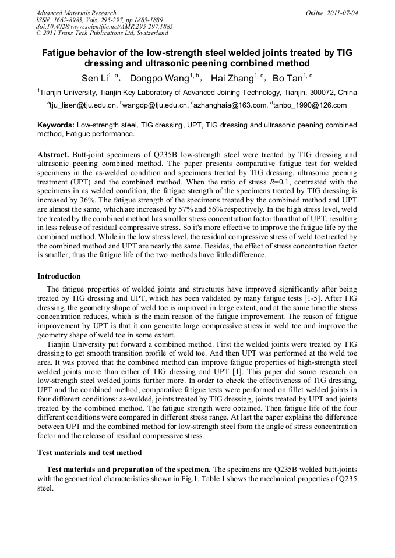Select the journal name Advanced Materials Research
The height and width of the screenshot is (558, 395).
(76, 13)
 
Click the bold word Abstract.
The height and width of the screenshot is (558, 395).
(54, 155)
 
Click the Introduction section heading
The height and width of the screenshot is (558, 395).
(59, 276)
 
